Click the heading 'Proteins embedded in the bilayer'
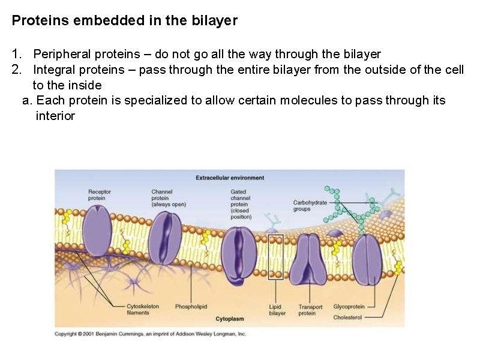coord(125,21)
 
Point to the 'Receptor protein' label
coord(99,195)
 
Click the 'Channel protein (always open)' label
coord(169,198)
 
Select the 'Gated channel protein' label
coord(241,204)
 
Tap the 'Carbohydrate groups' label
coord(310,206)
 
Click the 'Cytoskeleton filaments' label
coord(143,309)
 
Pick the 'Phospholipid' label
coord(191,307)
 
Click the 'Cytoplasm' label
coord(229,319)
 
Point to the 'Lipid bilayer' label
coord(277,310)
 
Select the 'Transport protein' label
coord(310,310)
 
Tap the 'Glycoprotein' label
coord(349,307)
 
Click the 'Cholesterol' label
coord(347,317)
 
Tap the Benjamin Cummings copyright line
coord(151,334)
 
